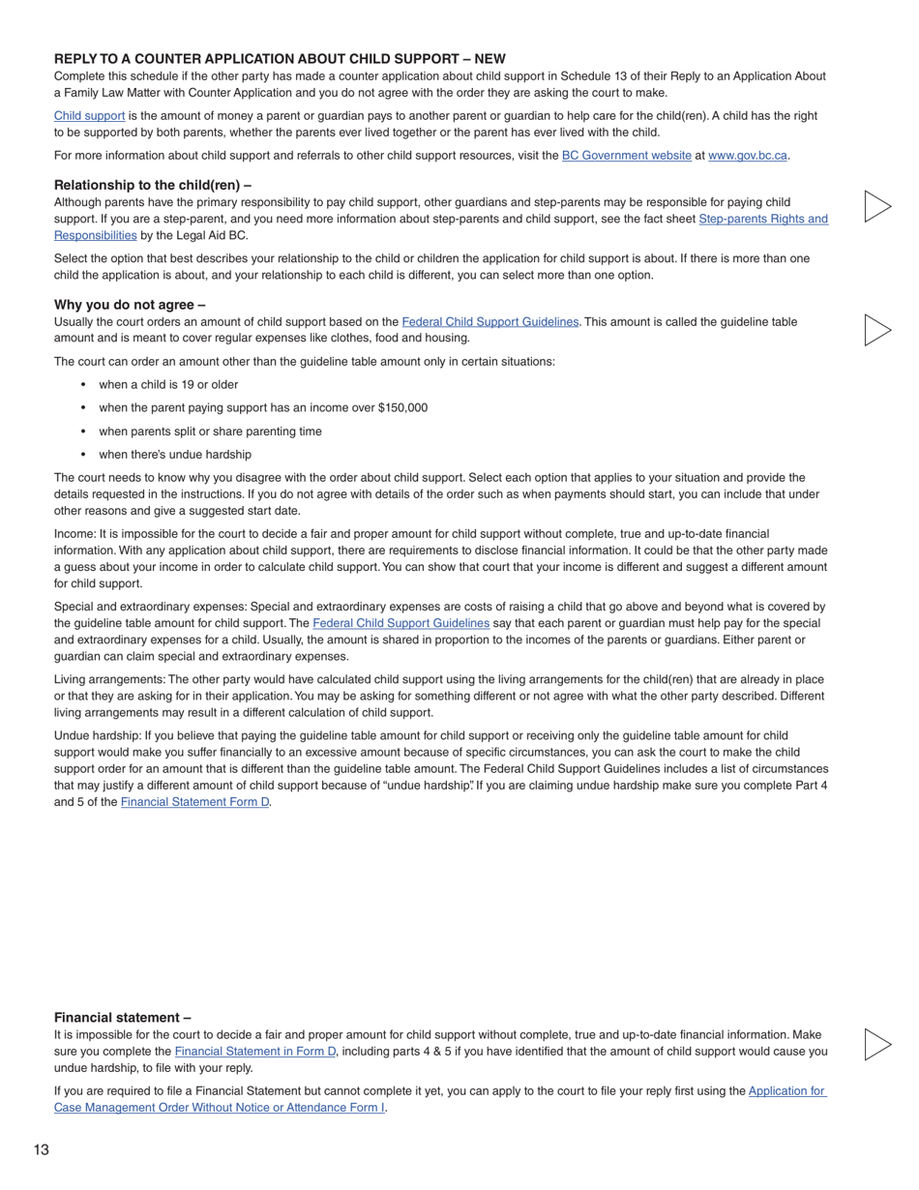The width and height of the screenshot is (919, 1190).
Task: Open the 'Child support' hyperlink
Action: point(89,116)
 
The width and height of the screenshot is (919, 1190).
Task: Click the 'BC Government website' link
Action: point(626,156)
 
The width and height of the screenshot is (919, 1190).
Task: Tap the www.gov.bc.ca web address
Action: point(747,156)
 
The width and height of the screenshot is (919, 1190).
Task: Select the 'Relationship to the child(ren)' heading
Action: point(153,185)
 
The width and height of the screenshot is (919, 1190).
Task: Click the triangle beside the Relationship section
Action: point(876,206)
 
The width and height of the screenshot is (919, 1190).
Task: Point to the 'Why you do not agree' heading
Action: point(130,305)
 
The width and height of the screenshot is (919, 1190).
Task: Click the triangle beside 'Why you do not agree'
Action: point(876,330)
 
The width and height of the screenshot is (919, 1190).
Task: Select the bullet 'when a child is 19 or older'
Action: point(168,385)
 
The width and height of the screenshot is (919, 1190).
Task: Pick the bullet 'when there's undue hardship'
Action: point(175,455)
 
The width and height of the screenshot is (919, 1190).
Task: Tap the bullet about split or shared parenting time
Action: point(210,431)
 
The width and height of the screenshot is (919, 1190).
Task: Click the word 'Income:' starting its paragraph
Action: point(74,534)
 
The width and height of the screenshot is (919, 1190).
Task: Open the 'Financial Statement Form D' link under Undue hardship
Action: point(194,802)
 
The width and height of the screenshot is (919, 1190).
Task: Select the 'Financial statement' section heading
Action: point(122,1018)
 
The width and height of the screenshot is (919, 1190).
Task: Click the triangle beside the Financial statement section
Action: point(876,1044)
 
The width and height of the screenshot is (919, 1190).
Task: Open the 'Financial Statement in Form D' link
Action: point(254,1052)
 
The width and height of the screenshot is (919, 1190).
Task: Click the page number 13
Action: point(41,1149)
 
